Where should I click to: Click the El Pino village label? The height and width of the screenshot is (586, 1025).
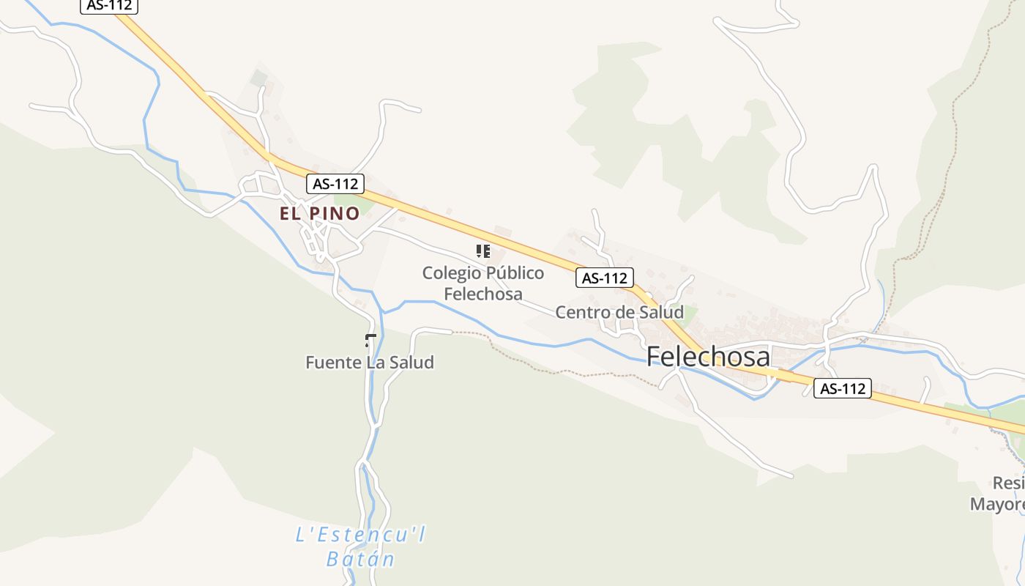click(x=319, y=213)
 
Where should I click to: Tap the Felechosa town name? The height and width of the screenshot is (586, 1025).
click(x=708, y=357)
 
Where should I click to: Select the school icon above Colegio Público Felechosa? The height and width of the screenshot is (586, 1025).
click(x=482, y=251)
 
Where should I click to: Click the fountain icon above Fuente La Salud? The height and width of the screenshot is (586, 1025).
click(x=370, y=339)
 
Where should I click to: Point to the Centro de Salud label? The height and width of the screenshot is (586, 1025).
click(x=619, y=312)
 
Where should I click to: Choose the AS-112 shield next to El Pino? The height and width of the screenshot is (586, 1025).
click(x=335, y=184)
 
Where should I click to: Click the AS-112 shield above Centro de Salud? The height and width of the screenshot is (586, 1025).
click(x=605, y=278)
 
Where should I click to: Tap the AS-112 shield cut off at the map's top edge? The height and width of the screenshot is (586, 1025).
click(x=109, y=5)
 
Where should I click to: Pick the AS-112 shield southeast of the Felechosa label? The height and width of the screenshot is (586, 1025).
click(x=843, y=388)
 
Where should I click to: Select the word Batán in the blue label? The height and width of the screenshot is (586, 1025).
click(x=360, y=559)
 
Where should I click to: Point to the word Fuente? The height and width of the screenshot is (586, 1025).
click(x=332, y=362)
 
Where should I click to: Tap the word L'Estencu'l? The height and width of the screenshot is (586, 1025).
click(x=360, y=535)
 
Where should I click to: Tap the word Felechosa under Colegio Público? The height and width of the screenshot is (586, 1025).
click(x=483, y=294)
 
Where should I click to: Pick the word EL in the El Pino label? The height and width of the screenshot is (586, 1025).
click(x=289, y=213)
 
